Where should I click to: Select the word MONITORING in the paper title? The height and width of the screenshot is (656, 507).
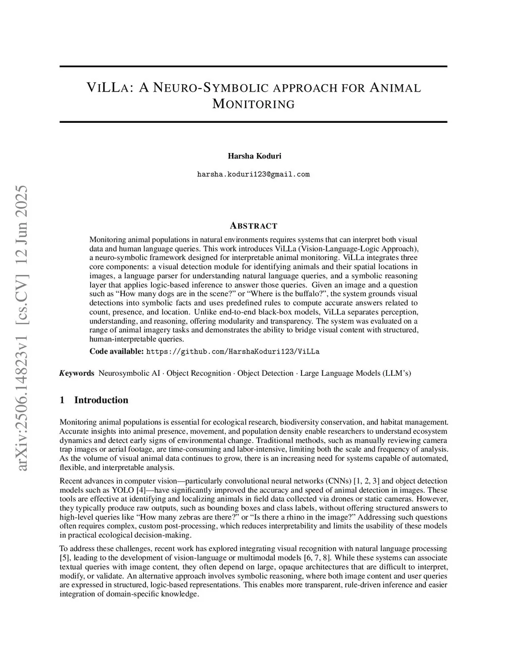click(253, 104)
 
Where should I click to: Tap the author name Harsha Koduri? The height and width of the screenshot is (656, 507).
click(254, 156)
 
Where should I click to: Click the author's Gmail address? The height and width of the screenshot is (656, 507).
click(253, 174)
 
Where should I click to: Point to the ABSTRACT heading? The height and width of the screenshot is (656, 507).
click(253, 226)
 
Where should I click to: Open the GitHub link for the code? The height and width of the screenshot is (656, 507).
click(233, 352)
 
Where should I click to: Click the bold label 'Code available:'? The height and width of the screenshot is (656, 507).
click(117, 352)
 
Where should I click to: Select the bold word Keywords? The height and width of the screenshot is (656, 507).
click(77, 373)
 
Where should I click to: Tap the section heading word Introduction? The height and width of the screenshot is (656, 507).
click(101, 400)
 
